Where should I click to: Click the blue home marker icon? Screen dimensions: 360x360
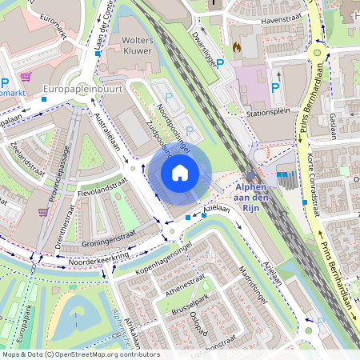coord(180,172)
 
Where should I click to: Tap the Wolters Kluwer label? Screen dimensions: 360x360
coord(137,46)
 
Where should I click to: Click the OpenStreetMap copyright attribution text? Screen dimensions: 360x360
coord(81,354)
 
